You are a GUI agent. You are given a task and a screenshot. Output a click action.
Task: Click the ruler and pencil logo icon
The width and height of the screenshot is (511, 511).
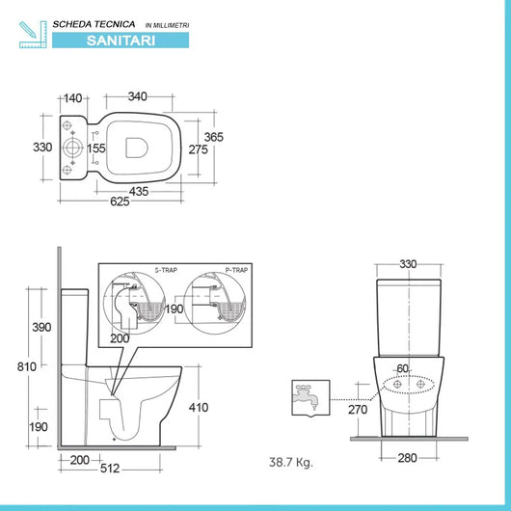(x=32, y=32)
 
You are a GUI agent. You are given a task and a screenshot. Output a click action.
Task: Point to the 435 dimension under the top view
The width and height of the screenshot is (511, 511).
(x=139, y=192)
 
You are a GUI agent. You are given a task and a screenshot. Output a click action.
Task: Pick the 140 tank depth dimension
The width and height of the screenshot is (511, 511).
(x=73, y=96)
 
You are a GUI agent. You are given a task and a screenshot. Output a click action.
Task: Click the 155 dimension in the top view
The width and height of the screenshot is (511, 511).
(x=95, y=148)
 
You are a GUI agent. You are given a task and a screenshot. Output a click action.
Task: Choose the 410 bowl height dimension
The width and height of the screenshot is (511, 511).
(x=199, y=407)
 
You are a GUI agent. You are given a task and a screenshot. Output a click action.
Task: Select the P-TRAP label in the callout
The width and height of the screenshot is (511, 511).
(x=235, y=272)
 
